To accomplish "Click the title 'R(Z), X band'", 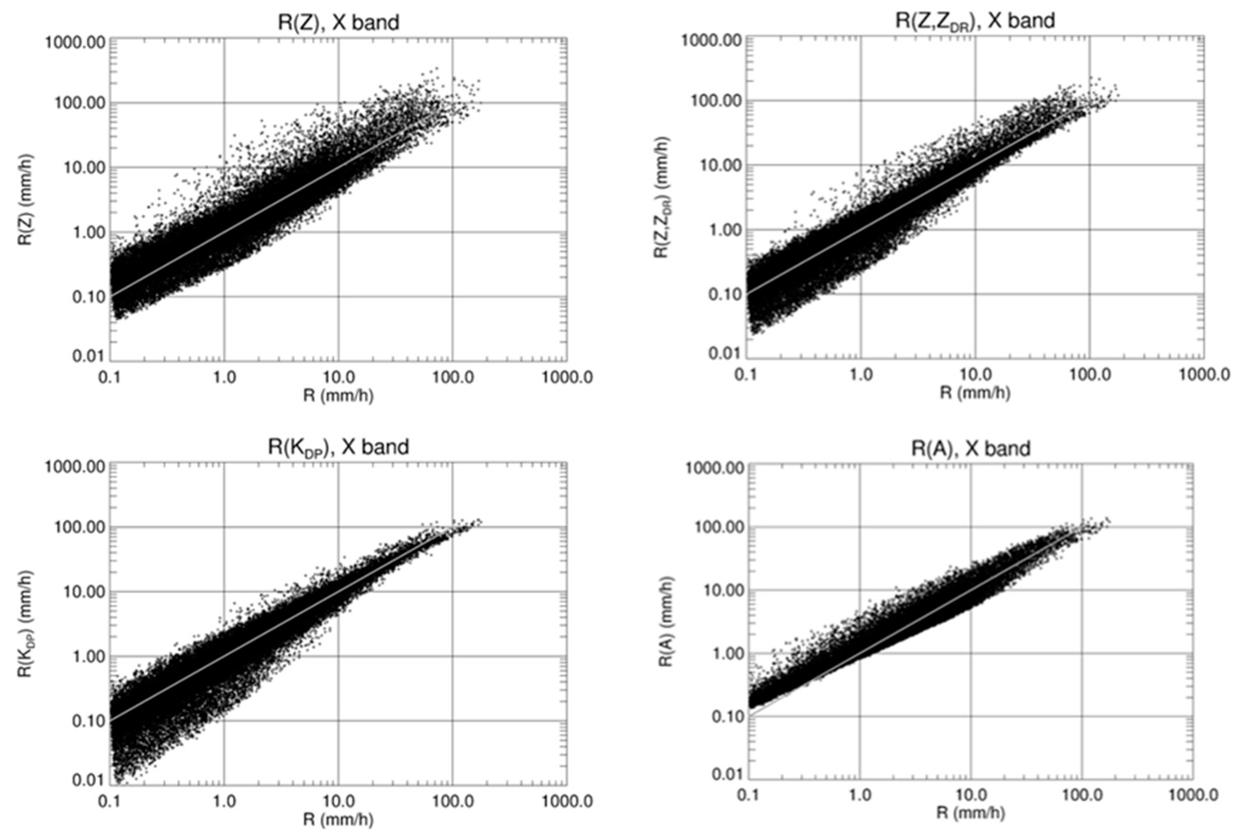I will [x=338, y=23].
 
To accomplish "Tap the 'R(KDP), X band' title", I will [x=338, y=446].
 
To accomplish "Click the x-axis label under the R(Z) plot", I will [x=338, y=395].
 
